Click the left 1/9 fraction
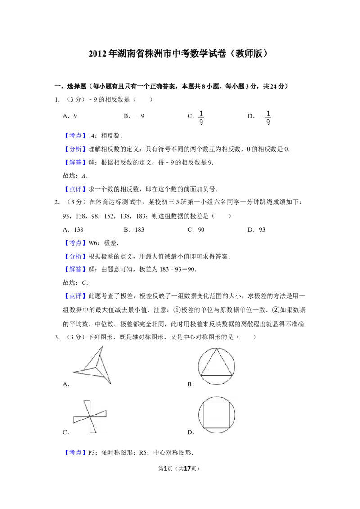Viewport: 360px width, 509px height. (x=200, y=117)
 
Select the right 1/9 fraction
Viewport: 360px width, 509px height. (x=268, y=117)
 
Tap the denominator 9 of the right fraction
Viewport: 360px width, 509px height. (x=268, y=122)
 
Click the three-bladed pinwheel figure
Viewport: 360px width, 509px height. (x=94, y=365)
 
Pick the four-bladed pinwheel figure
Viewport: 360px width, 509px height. (x=92, y=417)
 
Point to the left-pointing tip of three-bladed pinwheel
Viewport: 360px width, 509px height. (x=74, y=372)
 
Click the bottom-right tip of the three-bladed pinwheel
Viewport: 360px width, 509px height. (x=110, y=384)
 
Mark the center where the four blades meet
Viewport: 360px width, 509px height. (x=90, y=417)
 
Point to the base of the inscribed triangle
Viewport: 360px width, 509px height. (x=216, y=375)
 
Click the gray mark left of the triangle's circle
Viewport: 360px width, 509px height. (x=196, y=366)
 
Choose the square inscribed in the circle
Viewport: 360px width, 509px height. (x=218, y=415)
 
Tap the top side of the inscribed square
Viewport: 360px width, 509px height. (x=218, y=403)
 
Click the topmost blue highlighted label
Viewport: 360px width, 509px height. (x=75, y=135)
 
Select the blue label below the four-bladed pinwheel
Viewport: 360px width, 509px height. (x=75, y=452)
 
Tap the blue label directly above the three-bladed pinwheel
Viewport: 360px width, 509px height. (x=75, y=296)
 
